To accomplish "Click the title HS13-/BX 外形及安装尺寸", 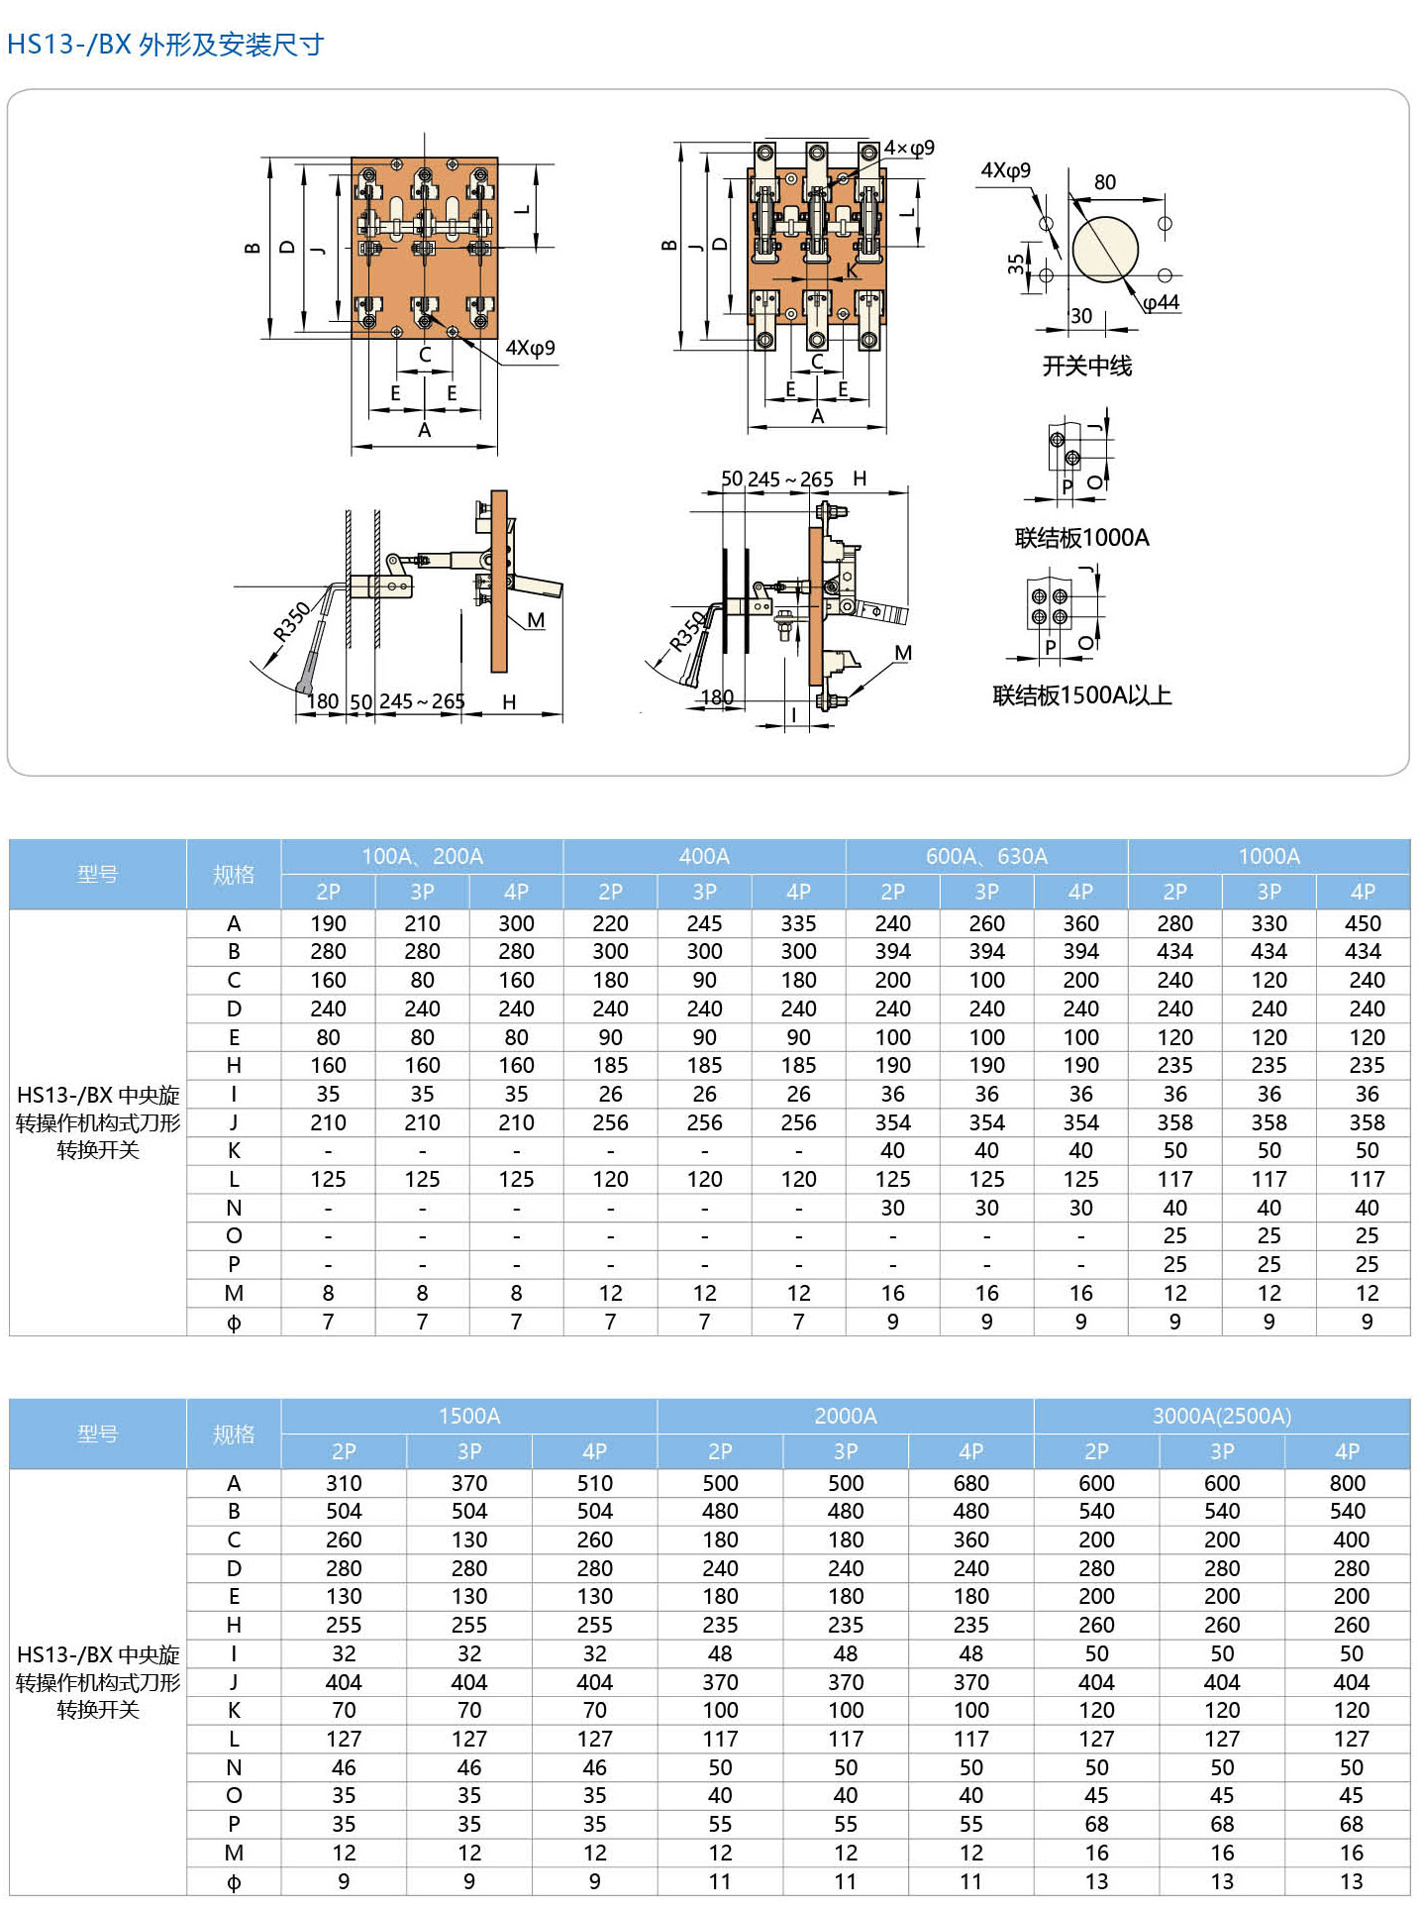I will (165, 45).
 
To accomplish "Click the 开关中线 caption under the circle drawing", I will (1086, 367).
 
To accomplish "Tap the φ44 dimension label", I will (1162, 302).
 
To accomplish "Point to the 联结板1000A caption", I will (1081, 538).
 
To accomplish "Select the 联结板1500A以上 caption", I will (1081, 695).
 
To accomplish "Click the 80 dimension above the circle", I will (1105, 182).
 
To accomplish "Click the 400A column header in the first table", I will (704, 856).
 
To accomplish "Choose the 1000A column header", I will (1269, 856).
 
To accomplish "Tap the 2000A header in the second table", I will (845, 1416).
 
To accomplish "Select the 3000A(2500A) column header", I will (1221, 1416).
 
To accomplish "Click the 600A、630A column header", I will (986, 856).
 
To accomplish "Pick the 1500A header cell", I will (468, 1416).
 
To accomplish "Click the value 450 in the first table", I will (1363, 923).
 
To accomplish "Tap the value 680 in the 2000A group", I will (970, 1483).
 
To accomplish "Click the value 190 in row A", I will (328, 923).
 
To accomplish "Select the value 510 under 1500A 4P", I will (594, 1483).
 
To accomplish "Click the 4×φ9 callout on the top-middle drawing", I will (909, 149).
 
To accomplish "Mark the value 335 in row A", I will (798, 923).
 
